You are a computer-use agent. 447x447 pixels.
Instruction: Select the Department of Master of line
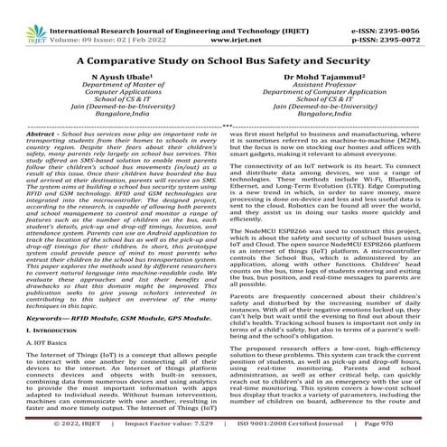[113, 88]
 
